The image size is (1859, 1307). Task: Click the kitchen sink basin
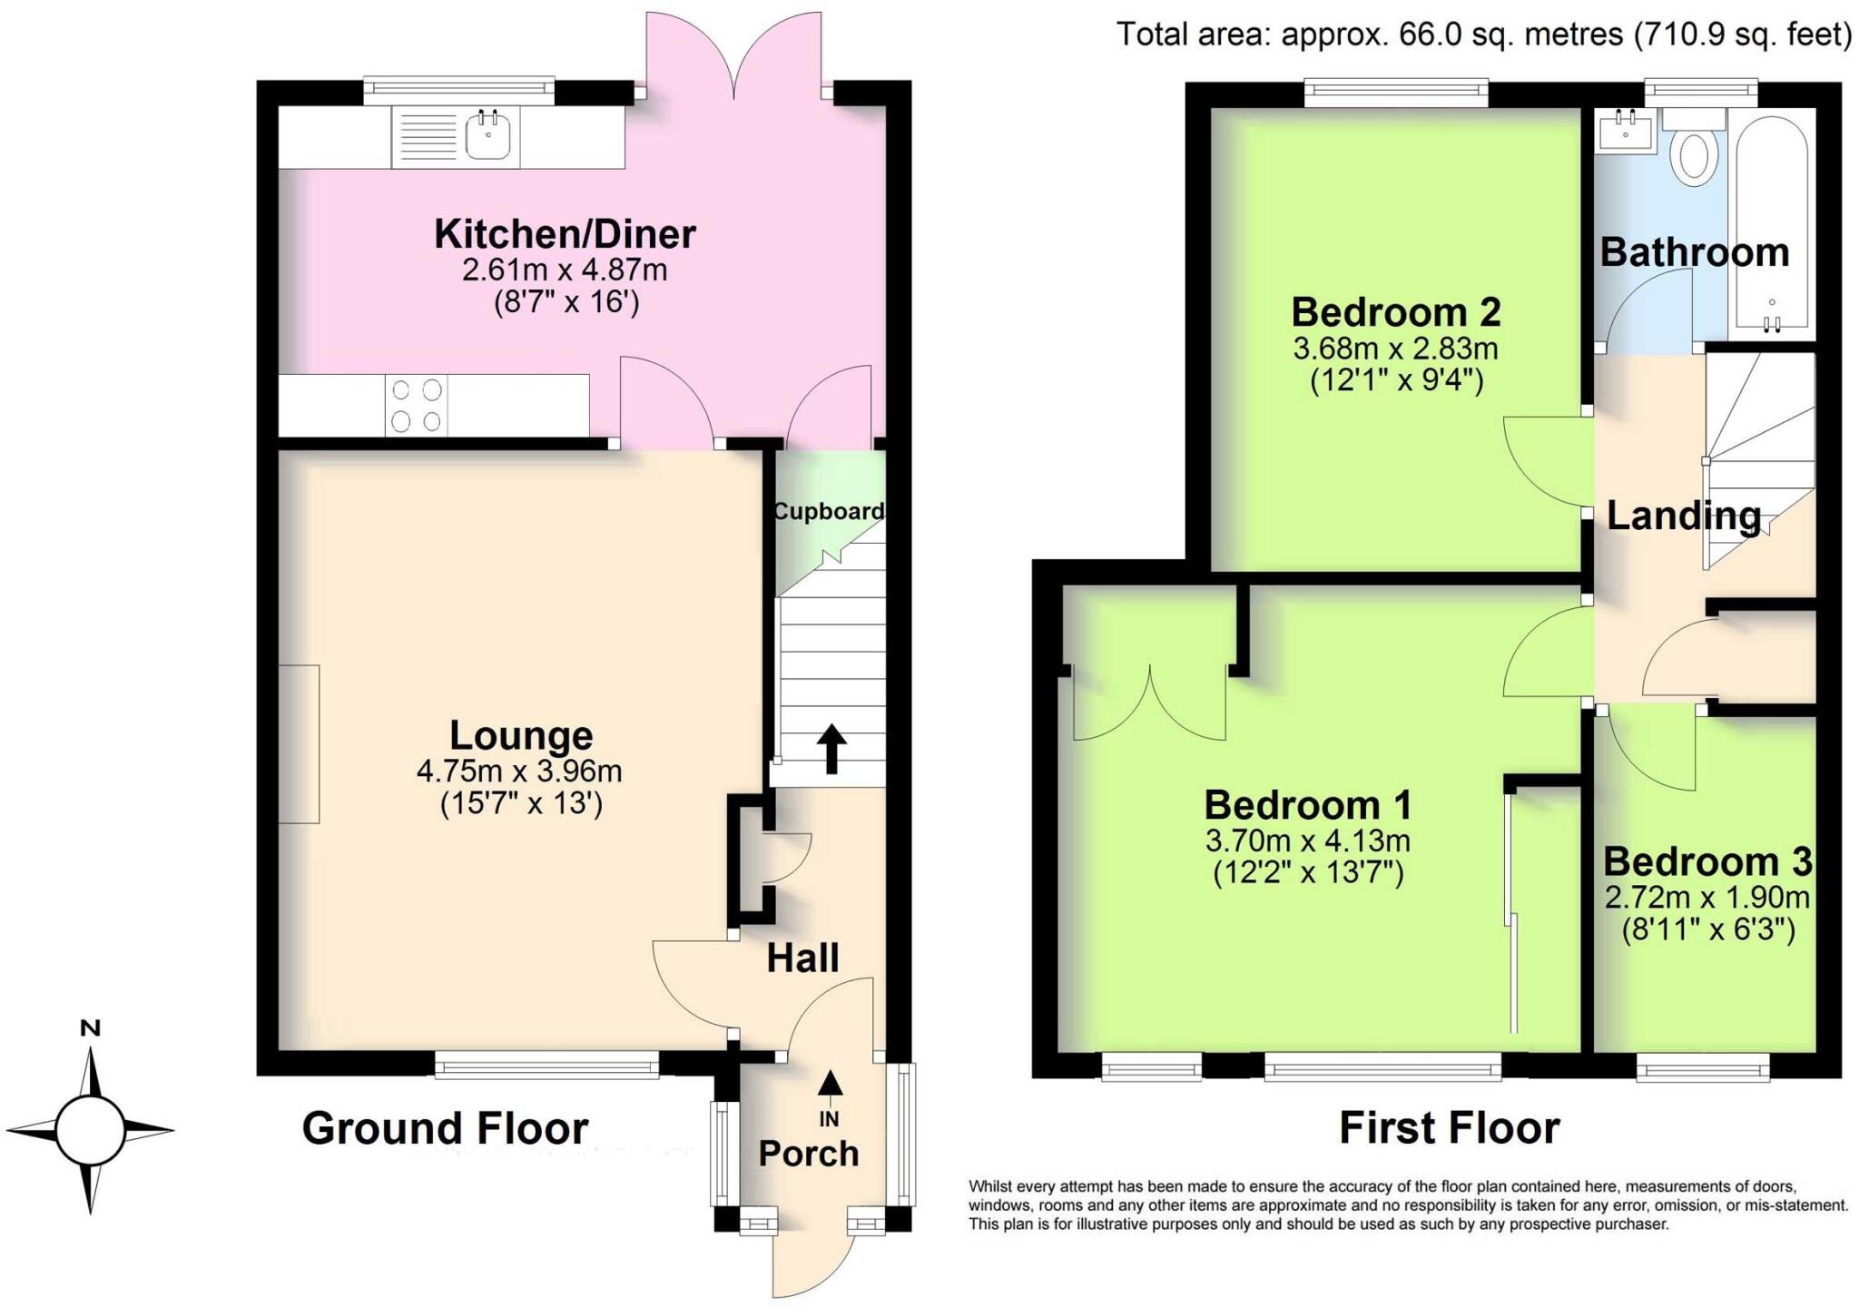(488, 137)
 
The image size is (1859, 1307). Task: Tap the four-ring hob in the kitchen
(418, 406)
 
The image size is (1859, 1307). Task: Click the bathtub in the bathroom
(1771, 227)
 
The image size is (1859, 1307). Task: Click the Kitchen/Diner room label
(565, 234)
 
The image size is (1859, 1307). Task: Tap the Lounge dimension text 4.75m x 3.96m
(519, 771)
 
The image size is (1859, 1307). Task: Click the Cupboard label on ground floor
(828, 511)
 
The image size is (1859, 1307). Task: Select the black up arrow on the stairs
(831, 748)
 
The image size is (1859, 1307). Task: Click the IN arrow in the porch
(830, 1085)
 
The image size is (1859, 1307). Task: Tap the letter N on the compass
(90, 1028)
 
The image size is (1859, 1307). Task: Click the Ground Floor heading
(445, 1128)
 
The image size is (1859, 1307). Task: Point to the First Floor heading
(1449, 1128)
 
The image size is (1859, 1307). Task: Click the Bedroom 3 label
(1707, 860)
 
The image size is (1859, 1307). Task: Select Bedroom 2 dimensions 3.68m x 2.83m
(1395, 349)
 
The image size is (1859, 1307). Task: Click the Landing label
(1683, 516)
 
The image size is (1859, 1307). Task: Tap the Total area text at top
(1483, 34)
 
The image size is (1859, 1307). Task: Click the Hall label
(802, 958)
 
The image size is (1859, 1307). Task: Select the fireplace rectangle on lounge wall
(299, 744)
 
